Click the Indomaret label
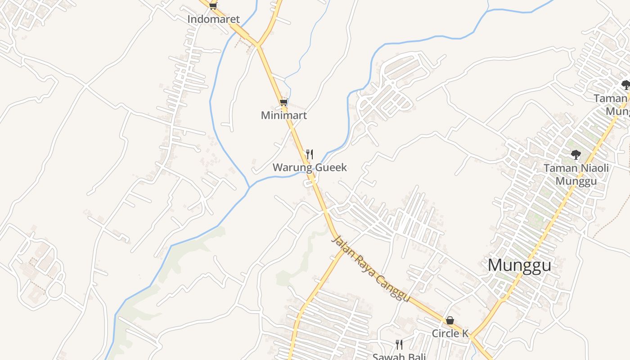pos(213,19)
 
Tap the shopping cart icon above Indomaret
pos(213,6)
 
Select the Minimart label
pos(284,115)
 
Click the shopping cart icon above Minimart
pos(283,102)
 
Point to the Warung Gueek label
pos(310,167)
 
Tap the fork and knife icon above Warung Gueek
pos(310,154)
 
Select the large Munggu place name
pos(519,265)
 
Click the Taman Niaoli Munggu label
pos(576,175)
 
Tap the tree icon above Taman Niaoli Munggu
pos(576,155)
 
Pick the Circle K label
pos(450,333)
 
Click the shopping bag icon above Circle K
pos(450,320)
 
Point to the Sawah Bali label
pos(399,356)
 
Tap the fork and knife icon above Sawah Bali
pos(399,345)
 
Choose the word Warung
pos(290,167)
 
